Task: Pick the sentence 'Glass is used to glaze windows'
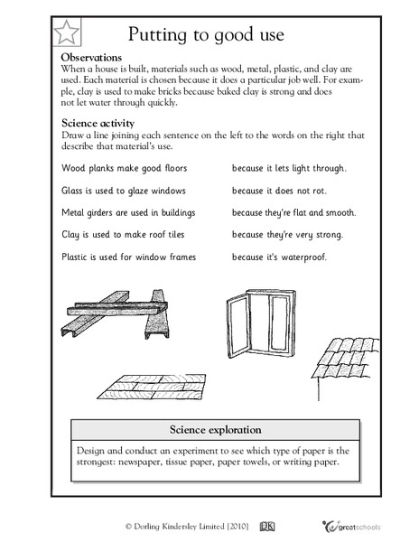coord(124,191)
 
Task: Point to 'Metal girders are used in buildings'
coord(129,213)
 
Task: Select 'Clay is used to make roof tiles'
coord(122,237)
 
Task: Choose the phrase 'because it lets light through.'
coord(289,168)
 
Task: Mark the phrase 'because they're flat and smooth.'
coord(293,213)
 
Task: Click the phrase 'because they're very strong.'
coord(287,237)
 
